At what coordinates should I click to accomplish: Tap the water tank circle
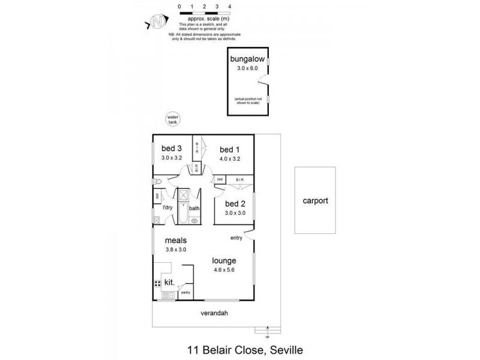(173, 119)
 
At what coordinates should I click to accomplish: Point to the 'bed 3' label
(172, 149)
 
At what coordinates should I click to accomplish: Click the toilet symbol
(157, 181)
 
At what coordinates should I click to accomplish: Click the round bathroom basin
(194, 221)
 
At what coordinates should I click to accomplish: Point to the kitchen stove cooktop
(157, 283)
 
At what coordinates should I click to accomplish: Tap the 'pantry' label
(185, 292)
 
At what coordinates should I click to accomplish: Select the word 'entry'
(236, 238)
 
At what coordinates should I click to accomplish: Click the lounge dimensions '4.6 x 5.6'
(223, 271)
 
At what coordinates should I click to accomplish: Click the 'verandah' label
(215, 314)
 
